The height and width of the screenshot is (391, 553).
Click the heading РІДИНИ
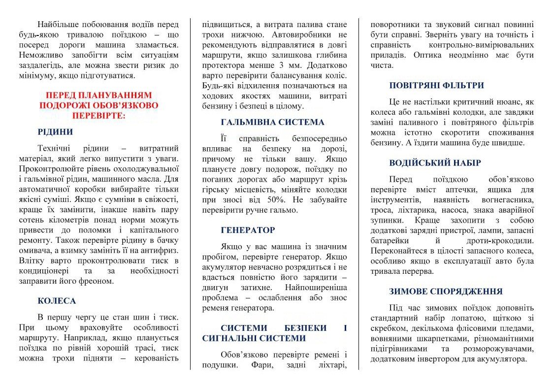coord(55,132)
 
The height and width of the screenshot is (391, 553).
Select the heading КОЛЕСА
coord(57,301)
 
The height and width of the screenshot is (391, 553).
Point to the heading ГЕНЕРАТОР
coord(248,230)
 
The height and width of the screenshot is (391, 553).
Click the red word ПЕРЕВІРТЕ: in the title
coord(98,116)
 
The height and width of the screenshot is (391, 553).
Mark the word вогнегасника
coord(508,200)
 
